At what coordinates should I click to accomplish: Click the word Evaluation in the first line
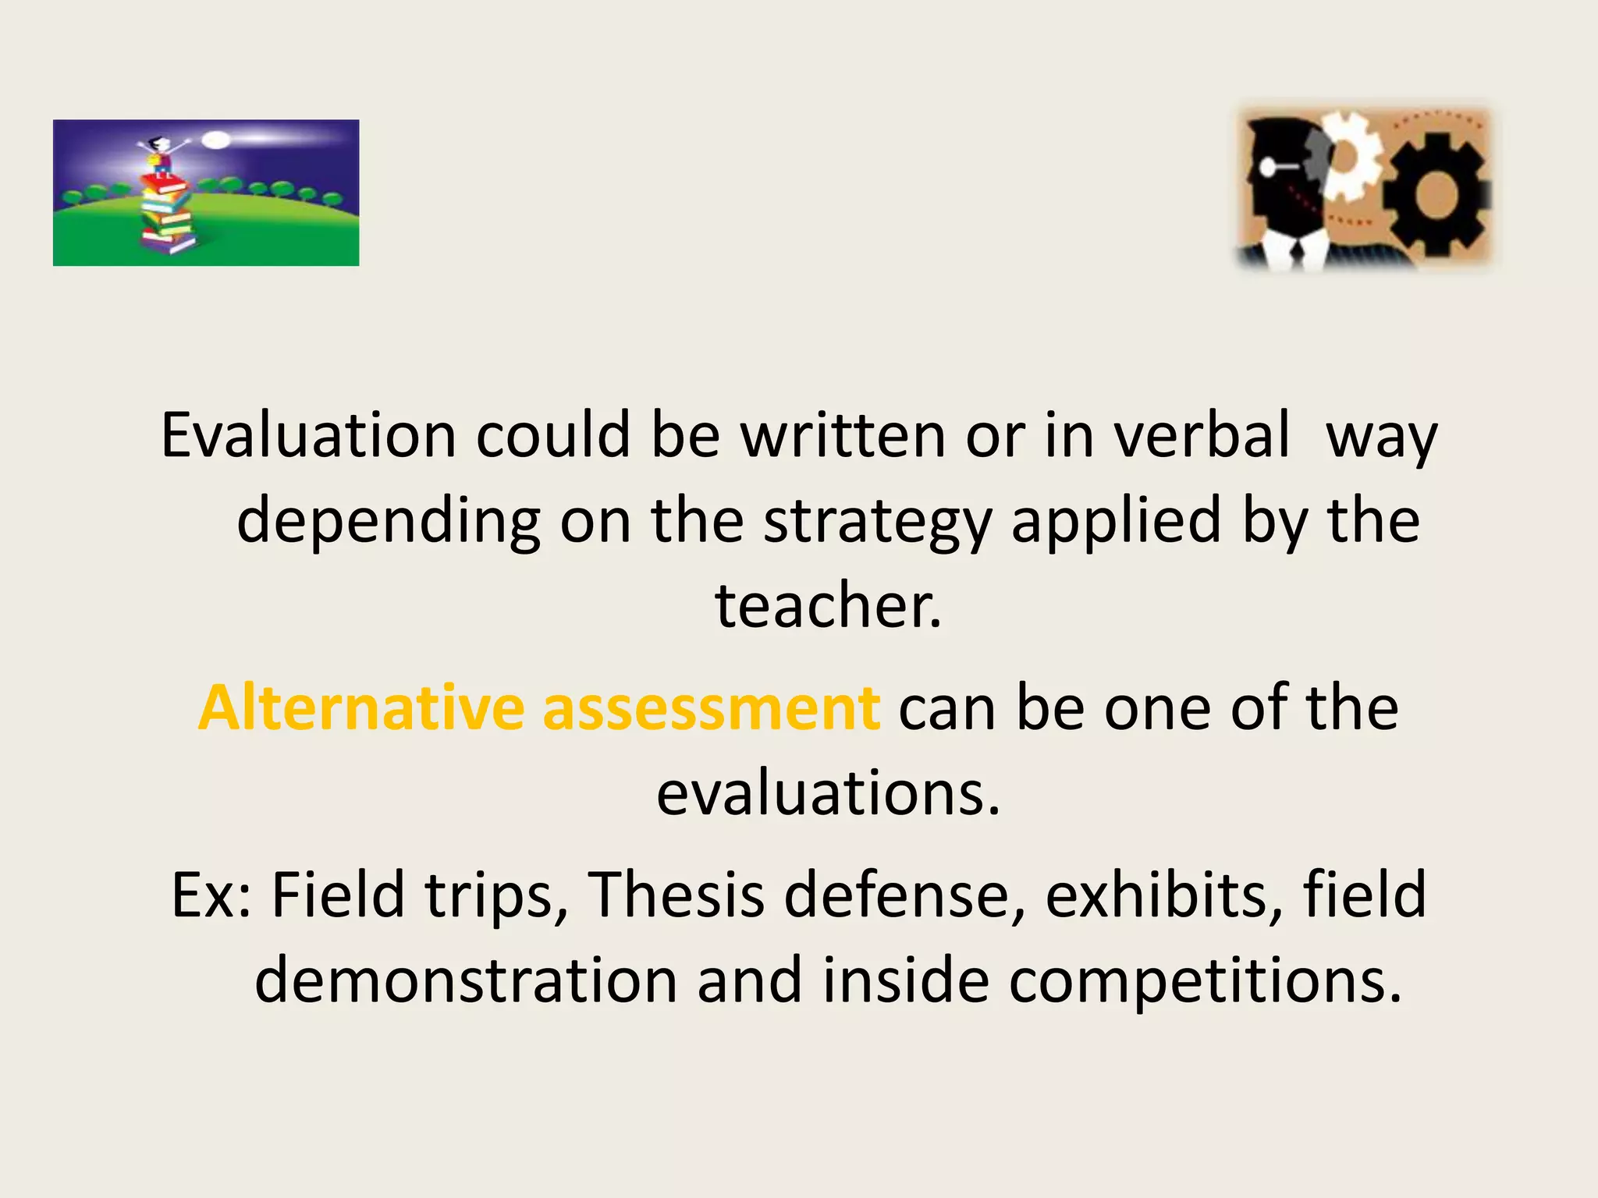[x=308, y=435]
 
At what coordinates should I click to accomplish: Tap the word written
[x=843, y=435]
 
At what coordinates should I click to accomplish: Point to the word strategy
[x=877, y=523]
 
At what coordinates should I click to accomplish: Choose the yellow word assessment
[x=711, y=708]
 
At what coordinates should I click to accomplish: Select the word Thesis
[x=676, y=895]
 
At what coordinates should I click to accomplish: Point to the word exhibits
[x=1163, y=895]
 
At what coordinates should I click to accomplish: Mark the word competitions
[x=1205, y=981]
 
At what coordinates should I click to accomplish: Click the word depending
[x=389, y=523]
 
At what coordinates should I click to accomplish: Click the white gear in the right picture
[x=1354, y=160]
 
